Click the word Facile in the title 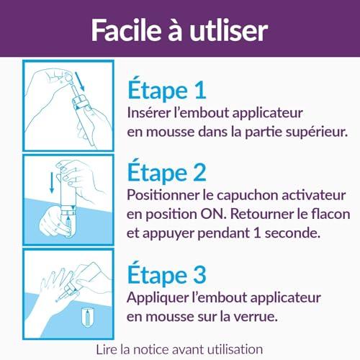[x=126, y=30]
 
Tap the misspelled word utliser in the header [x=229, y=31]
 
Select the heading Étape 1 [x=167, y=89]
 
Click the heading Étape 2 [x=167, y=171]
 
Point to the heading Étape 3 [x=167, y=274]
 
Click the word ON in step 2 [x=213, y=214]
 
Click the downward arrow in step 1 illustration [x=80, y=81]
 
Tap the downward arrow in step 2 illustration [x=52, y=183]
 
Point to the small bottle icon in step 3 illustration [x=87, y=317]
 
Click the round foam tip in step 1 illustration [x=68, y=78]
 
